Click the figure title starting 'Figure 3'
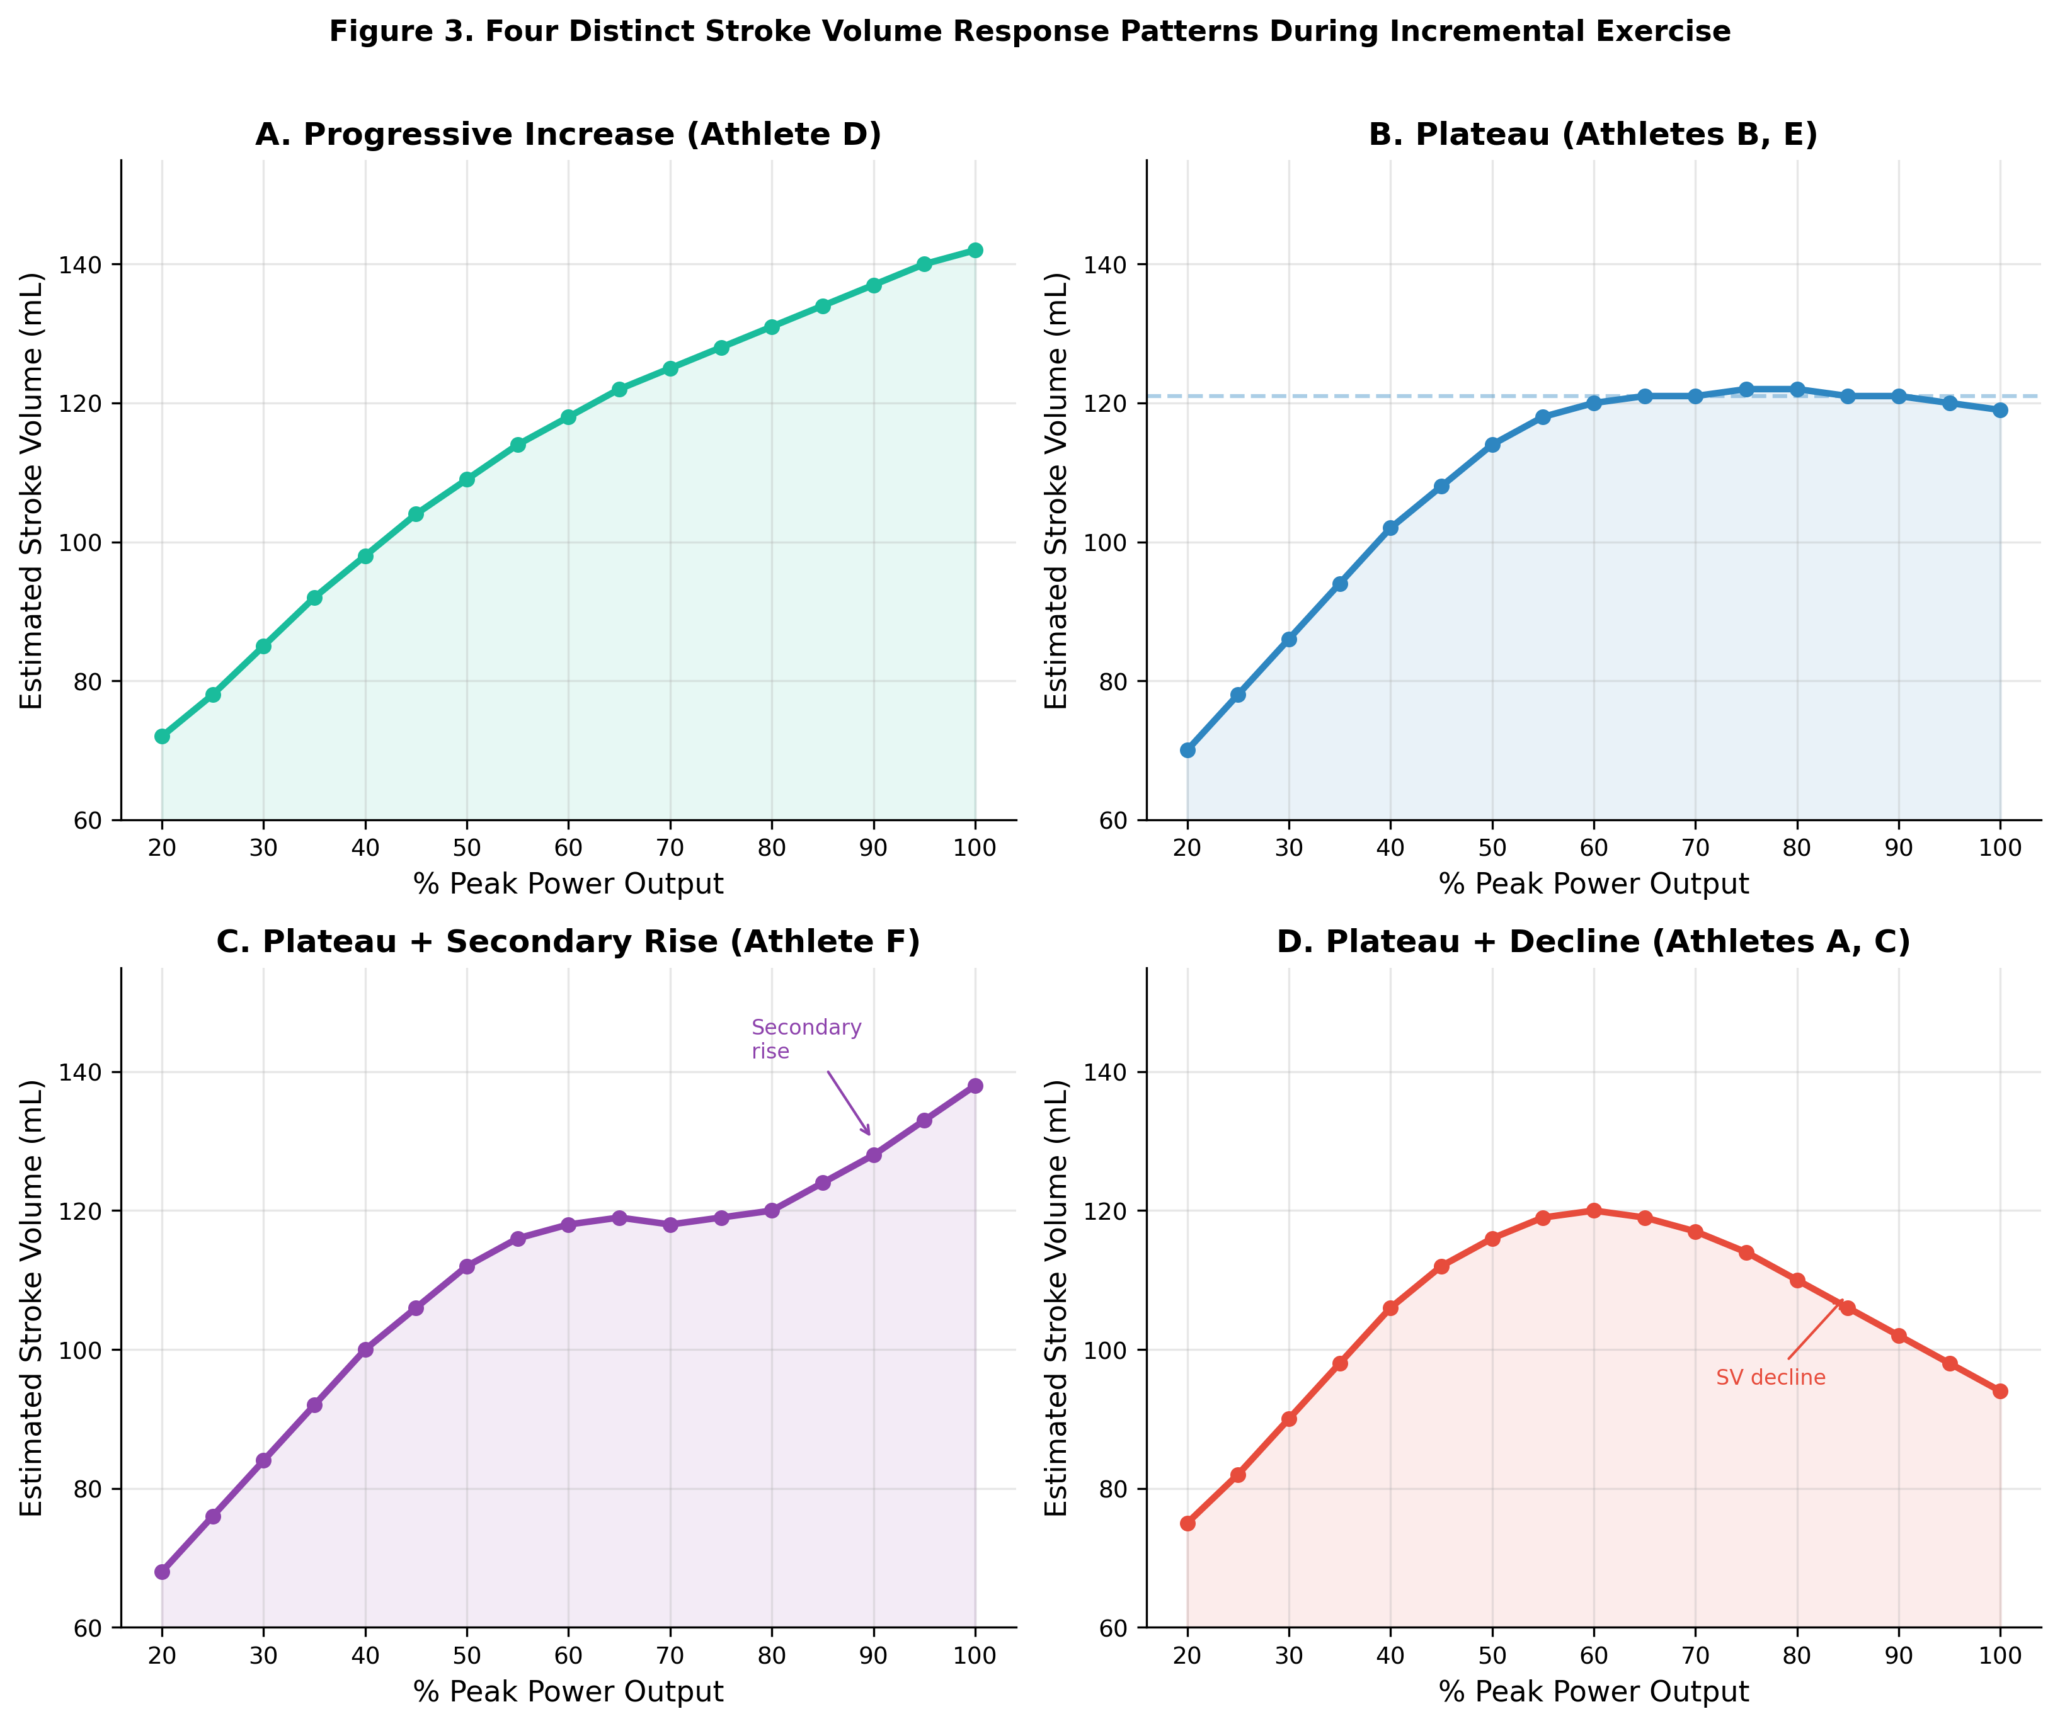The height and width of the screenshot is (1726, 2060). (x=1030, y=31)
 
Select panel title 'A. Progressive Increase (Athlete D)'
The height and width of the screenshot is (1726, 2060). (x=568, y=134)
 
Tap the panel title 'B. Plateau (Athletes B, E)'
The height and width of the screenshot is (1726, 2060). (x=1593, y=134)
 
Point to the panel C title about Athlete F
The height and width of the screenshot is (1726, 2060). (x=568, y=941)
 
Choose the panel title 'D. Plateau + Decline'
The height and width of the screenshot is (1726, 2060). (x=1593, y=941)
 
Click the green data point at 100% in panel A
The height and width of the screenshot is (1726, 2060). (x=975, y=250)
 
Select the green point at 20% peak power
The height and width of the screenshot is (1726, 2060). (x=162, y=737)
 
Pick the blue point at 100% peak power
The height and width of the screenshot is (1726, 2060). (x=2000, y=410)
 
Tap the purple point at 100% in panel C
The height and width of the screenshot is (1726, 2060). (x=975, y=1086)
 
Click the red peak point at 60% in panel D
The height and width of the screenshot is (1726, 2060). (x=1594, y=1210)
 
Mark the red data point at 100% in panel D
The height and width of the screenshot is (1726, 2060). (x=2000, y=1390)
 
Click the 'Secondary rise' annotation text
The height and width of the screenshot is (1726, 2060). (x=806, y=1038)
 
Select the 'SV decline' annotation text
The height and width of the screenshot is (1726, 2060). (x=1771, y=1378)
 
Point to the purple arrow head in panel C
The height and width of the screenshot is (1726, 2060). (x=869, y=1133)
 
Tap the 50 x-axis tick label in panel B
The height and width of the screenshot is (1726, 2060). (x=1492, y=848)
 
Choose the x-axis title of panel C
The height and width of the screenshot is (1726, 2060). (x=568, y=1691)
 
